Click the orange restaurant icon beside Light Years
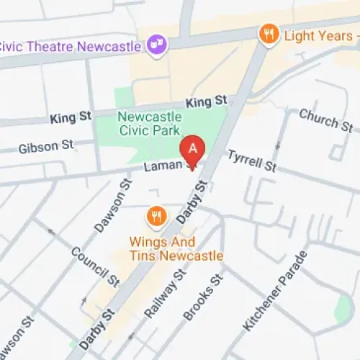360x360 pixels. pyautogui.click(x=269, y=33)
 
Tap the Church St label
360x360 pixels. pyautogui.click(x=325, y=120)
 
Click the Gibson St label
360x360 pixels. pyautogui.click(x=46, y=146)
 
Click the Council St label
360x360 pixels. pyautogui.click(x=95, y=266)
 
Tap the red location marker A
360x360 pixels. pyautogui.click(x=192, y=150)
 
